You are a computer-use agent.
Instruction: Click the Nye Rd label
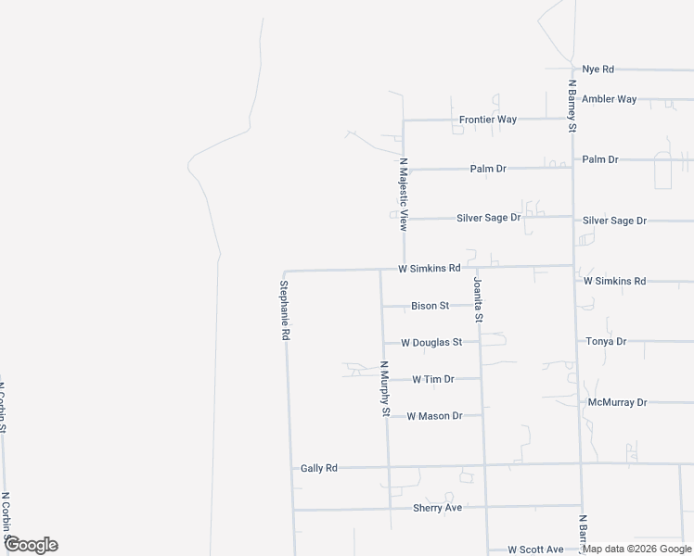[x=598, y=69]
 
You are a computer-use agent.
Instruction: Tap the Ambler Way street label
[x=610, y=99]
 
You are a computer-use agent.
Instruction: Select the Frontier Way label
[x=487, y=120]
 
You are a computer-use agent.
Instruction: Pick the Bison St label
[x=431, y=306]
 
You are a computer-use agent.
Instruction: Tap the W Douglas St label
[x=431, y=343]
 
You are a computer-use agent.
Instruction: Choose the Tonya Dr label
[x=607, y=342]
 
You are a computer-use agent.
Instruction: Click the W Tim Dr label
[x=433, y=380]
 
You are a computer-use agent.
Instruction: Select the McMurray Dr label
[x=617, y=403]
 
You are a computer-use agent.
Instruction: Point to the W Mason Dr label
[x=434, y=416]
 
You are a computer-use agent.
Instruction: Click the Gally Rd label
[x=318, y=469]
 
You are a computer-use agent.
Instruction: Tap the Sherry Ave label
[x=437, y=509]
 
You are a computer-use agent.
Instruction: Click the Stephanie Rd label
[x=285, y=310]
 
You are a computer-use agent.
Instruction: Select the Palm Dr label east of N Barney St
[x=599, y=159]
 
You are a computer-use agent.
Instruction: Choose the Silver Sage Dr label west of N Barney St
[x=488, y=218]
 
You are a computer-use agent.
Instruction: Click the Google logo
[x=31, y=545]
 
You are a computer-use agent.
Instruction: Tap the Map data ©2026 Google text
[x=637, y=549]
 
